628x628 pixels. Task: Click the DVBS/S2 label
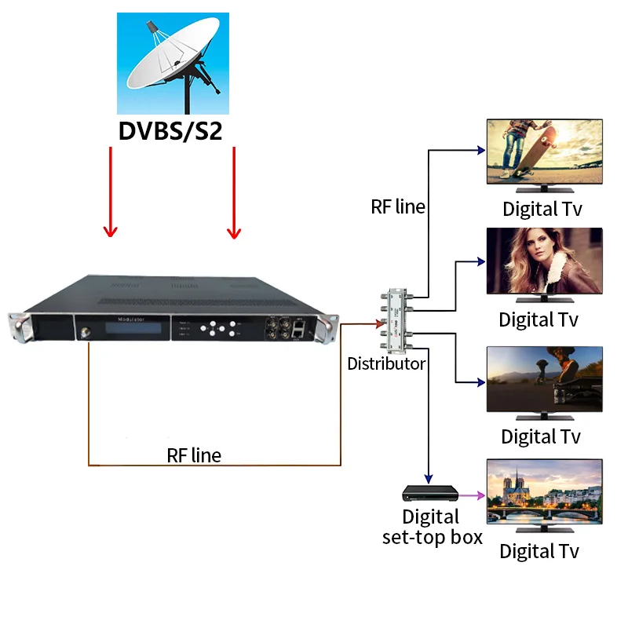[x=170, y=130]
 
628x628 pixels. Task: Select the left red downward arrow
[x=111, y=192]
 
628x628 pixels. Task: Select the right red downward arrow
[x=233, y=192]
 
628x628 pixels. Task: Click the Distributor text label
[x=386, y=363]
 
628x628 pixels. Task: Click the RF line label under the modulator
[x=194, y=455]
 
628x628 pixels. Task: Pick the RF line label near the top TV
[x=398, y=207]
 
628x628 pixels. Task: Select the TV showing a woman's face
[x=544, y=261]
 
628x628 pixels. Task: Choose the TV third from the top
[x=544, y=378]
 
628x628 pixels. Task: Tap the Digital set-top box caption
[x=431, y=527]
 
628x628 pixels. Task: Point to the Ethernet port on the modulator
[x=299, y=331]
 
